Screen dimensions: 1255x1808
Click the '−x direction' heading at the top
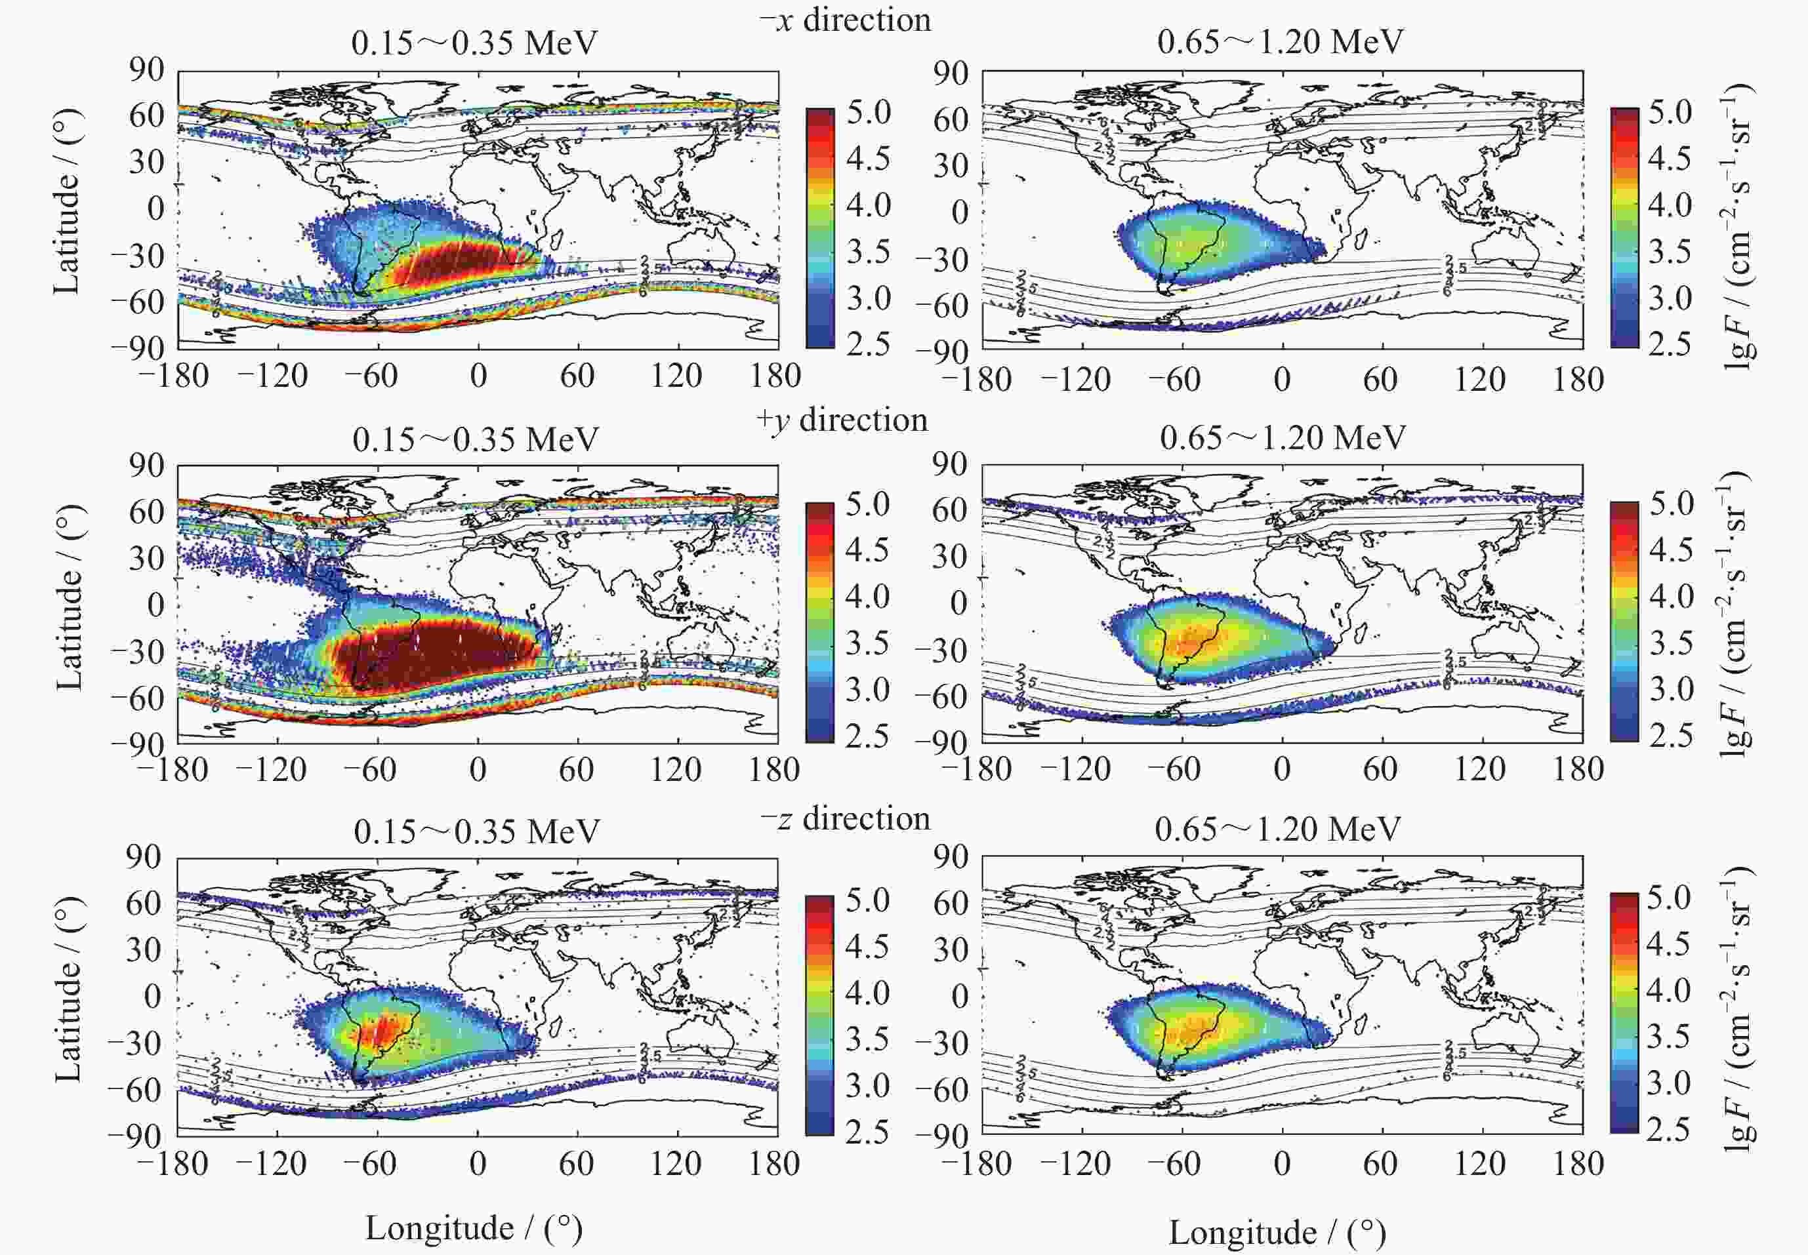coord(845,20)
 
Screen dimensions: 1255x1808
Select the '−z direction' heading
coord(845,818)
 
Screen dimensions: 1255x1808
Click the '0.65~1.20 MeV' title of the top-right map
coord(1280,42)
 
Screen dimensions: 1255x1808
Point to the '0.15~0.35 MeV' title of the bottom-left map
coord(476,831)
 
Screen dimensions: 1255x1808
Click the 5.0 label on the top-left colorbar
coord(869,111)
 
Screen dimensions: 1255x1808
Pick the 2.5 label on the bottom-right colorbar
coord(1669,1128)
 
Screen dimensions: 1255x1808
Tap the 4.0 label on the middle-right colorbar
coord(1670,596)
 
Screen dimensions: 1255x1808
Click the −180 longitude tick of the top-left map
coord(175,376)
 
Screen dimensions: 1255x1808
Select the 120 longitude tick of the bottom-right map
coord(1480,1164)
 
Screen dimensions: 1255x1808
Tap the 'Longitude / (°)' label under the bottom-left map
coord(474,1227)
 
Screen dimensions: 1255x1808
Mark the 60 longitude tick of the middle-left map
coord(576,769)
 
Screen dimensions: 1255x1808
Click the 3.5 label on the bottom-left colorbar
coord(868,1039)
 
